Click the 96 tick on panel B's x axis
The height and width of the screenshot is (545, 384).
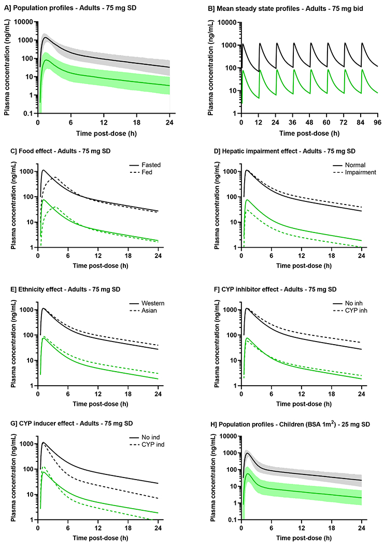click(362, 121)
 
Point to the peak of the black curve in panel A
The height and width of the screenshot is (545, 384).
click(46, 37)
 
